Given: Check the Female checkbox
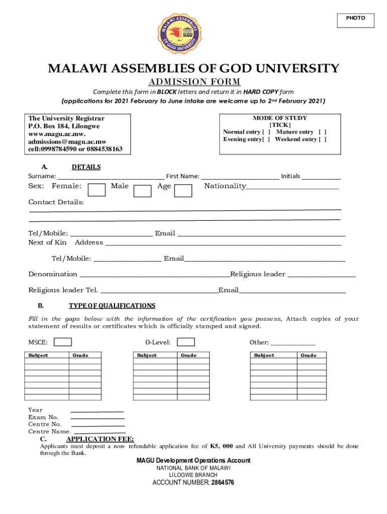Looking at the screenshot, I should coord(96,190).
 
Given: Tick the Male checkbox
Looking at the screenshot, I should coord(143,190).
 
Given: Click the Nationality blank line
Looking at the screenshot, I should coord(293,188).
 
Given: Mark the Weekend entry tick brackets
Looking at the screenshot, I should coord(322,139).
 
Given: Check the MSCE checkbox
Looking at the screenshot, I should coord(63,342).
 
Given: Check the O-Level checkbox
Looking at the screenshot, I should coord(186,342).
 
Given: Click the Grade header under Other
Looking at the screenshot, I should coord(309,355).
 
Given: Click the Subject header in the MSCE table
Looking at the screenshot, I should coord(38,355).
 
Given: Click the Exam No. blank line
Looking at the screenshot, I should coord(98,418).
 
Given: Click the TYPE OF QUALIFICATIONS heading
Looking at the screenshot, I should coord(112,306).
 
